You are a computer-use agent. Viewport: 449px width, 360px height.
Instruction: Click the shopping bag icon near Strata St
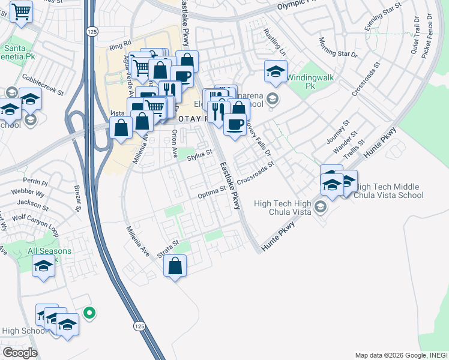click(175, 266)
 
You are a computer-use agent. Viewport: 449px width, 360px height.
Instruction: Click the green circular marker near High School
click(89, 312)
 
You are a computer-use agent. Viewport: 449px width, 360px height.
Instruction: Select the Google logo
click(19, 353)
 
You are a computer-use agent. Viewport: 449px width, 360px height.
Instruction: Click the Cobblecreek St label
click(43, 85)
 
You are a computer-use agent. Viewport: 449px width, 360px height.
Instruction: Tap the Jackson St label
click(33, 203)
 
